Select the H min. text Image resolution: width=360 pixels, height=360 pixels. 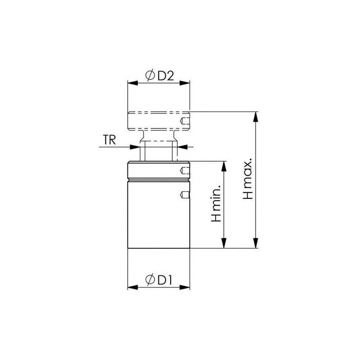click(216, 205)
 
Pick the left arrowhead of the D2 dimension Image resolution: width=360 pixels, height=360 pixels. click(131, 83)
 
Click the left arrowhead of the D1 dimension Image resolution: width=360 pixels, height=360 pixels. click(131, 287)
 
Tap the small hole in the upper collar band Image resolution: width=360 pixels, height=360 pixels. click(184, 170)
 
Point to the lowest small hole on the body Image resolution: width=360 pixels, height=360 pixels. click(184, 194)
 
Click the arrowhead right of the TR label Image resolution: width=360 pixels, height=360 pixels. click(136, 146)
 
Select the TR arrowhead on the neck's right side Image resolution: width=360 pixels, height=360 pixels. click(179, 146)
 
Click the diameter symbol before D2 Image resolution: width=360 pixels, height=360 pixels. click(150, 76)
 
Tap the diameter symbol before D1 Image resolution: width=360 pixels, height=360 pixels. click(150, 280)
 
